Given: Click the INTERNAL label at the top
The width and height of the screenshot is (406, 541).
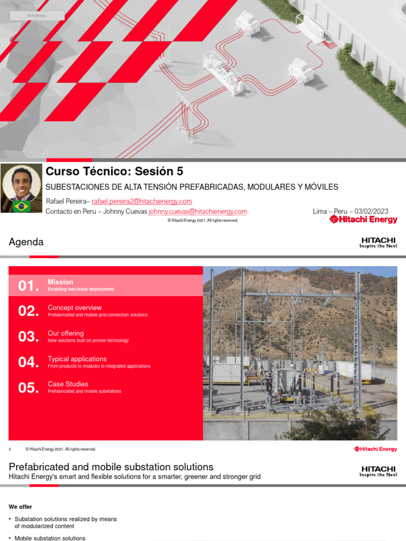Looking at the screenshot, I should (x=37, y=16).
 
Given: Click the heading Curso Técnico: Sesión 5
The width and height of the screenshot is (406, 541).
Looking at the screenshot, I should (x=115, y=171).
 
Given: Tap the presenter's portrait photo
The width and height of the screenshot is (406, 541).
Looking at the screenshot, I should (x=21, y=184).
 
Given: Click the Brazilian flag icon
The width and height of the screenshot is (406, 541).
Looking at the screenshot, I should (x=22, y=206).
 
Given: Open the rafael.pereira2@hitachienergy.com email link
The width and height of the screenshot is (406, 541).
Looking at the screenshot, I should (x=142, y=201).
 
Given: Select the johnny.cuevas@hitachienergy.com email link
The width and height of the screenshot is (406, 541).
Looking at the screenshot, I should (x=198, y=212).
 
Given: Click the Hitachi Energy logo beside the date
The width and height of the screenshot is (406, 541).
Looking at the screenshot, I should (x=363, y=219).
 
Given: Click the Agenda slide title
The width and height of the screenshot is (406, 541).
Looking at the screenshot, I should (x=26, y=242).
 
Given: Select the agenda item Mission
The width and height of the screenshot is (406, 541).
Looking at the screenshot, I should (x=60, y=282).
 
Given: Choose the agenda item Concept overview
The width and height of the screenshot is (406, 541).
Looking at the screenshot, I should (x=75, y=307).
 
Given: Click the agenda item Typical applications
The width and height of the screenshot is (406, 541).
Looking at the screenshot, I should (x=77, y=359).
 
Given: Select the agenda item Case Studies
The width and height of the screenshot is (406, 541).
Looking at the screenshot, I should (x=68, y=384).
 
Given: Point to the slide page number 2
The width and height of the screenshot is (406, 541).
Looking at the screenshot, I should (x=10, y=449).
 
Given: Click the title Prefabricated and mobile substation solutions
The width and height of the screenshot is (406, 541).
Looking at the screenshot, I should (x=111, y=467).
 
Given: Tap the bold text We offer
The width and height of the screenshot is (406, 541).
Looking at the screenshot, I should (x=21, y=507).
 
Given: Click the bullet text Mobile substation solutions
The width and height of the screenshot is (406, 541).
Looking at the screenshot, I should (x=50, y=538).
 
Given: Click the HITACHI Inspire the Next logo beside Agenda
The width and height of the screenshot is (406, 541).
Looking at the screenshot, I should (x=378, y=242).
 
